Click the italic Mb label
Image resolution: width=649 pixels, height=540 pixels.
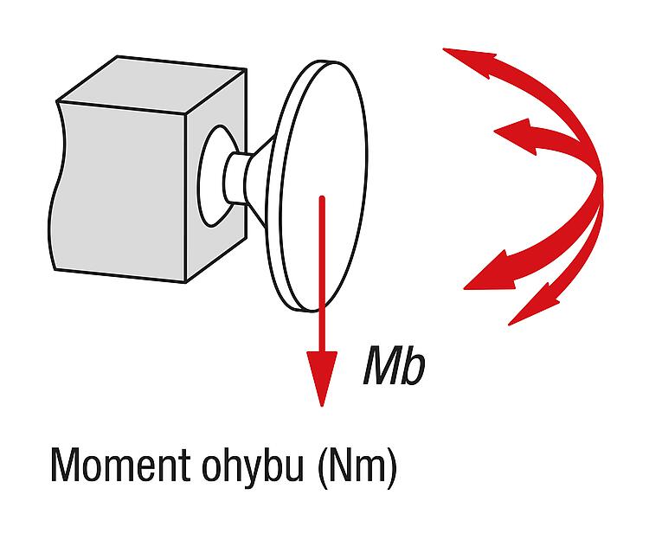tap(394, 366)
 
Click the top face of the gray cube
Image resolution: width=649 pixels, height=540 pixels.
tap(152, 85)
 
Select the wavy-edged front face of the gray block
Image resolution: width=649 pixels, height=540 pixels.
tap(119, 191)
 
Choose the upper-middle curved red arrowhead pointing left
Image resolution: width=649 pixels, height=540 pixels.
tap(516, 134)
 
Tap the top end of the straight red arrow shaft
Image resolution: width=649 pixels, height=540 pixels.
tap(322, 198)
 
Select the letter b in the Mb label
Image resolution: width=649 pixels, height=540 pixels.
tap(414, 366)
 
